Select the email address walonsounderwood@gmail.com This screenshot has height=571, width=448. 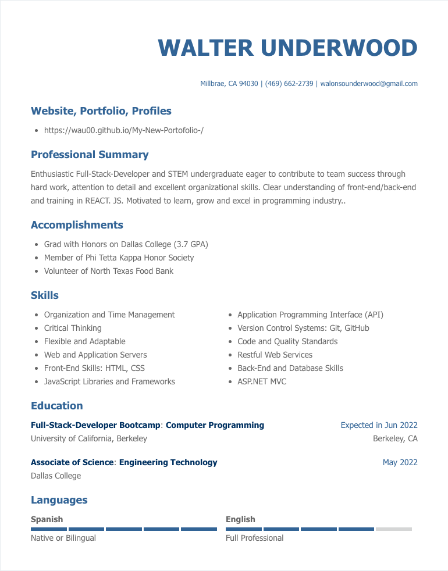pos(369,84)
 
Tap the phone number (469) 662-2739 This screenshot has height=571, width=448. pos(289,84)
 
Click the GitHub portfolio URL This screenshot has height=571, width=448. pos(124,130)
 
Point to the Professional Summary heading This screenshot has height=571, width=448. pos(90,155)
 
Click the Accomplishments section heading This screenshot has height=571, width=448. pos(77,225)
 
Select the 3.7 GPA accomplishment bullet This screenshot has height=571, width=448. pos(126,244)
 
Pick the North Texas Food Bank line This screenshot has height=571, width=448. pos(109,271)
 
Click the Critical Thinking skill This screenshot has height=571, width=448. pos(73,328)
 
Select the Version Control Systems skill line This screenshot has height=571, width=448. pos(303,328)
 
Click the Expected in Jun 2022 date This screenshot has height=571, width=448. pos(379,425)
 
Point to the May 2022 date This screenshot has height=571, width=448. pos(400,462)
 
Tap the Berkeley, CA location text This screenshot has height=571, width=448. pos(395,438)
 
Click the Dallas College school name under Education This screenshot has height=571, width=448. pos(56,476)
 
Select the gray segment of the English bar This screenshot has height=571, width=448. pos(393,529)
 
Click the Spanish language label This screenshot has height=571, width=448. pos(47,519)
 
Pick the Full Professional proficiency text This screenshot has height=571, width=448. pos(254,538)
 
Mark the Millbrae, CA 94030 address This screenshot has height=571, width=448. pos(229,84)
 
